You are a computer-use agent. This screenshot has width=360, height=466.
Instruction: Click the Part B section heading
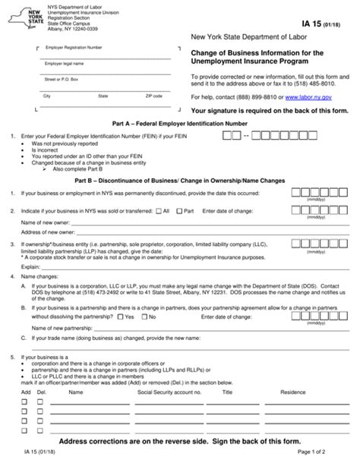[x=179, y=181]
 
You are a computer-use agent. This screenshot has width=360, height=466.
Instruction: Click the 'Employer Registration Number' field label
[x=73, y=47]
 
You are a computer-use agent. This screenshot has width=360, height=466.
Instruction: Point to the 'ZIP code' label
[x=154, y=96]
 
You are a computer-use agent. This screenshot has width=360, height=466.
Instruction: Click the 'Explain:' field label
[x=30, y=267]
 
